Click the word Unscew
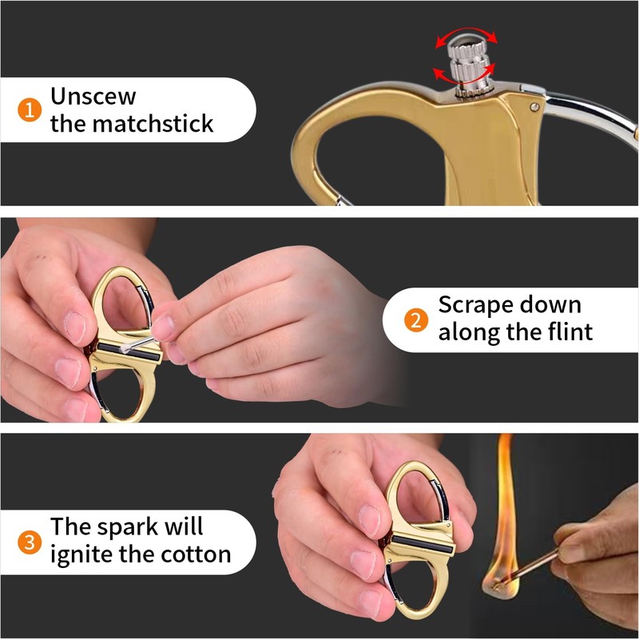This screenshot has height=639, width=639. tap(93, 97)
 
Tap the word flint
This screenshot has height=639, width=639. tap(566, 332)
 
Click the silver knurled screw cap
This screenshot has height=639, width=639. tap(464, 60)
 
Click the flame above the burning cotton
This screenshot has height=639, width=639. tap(504, 511)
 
